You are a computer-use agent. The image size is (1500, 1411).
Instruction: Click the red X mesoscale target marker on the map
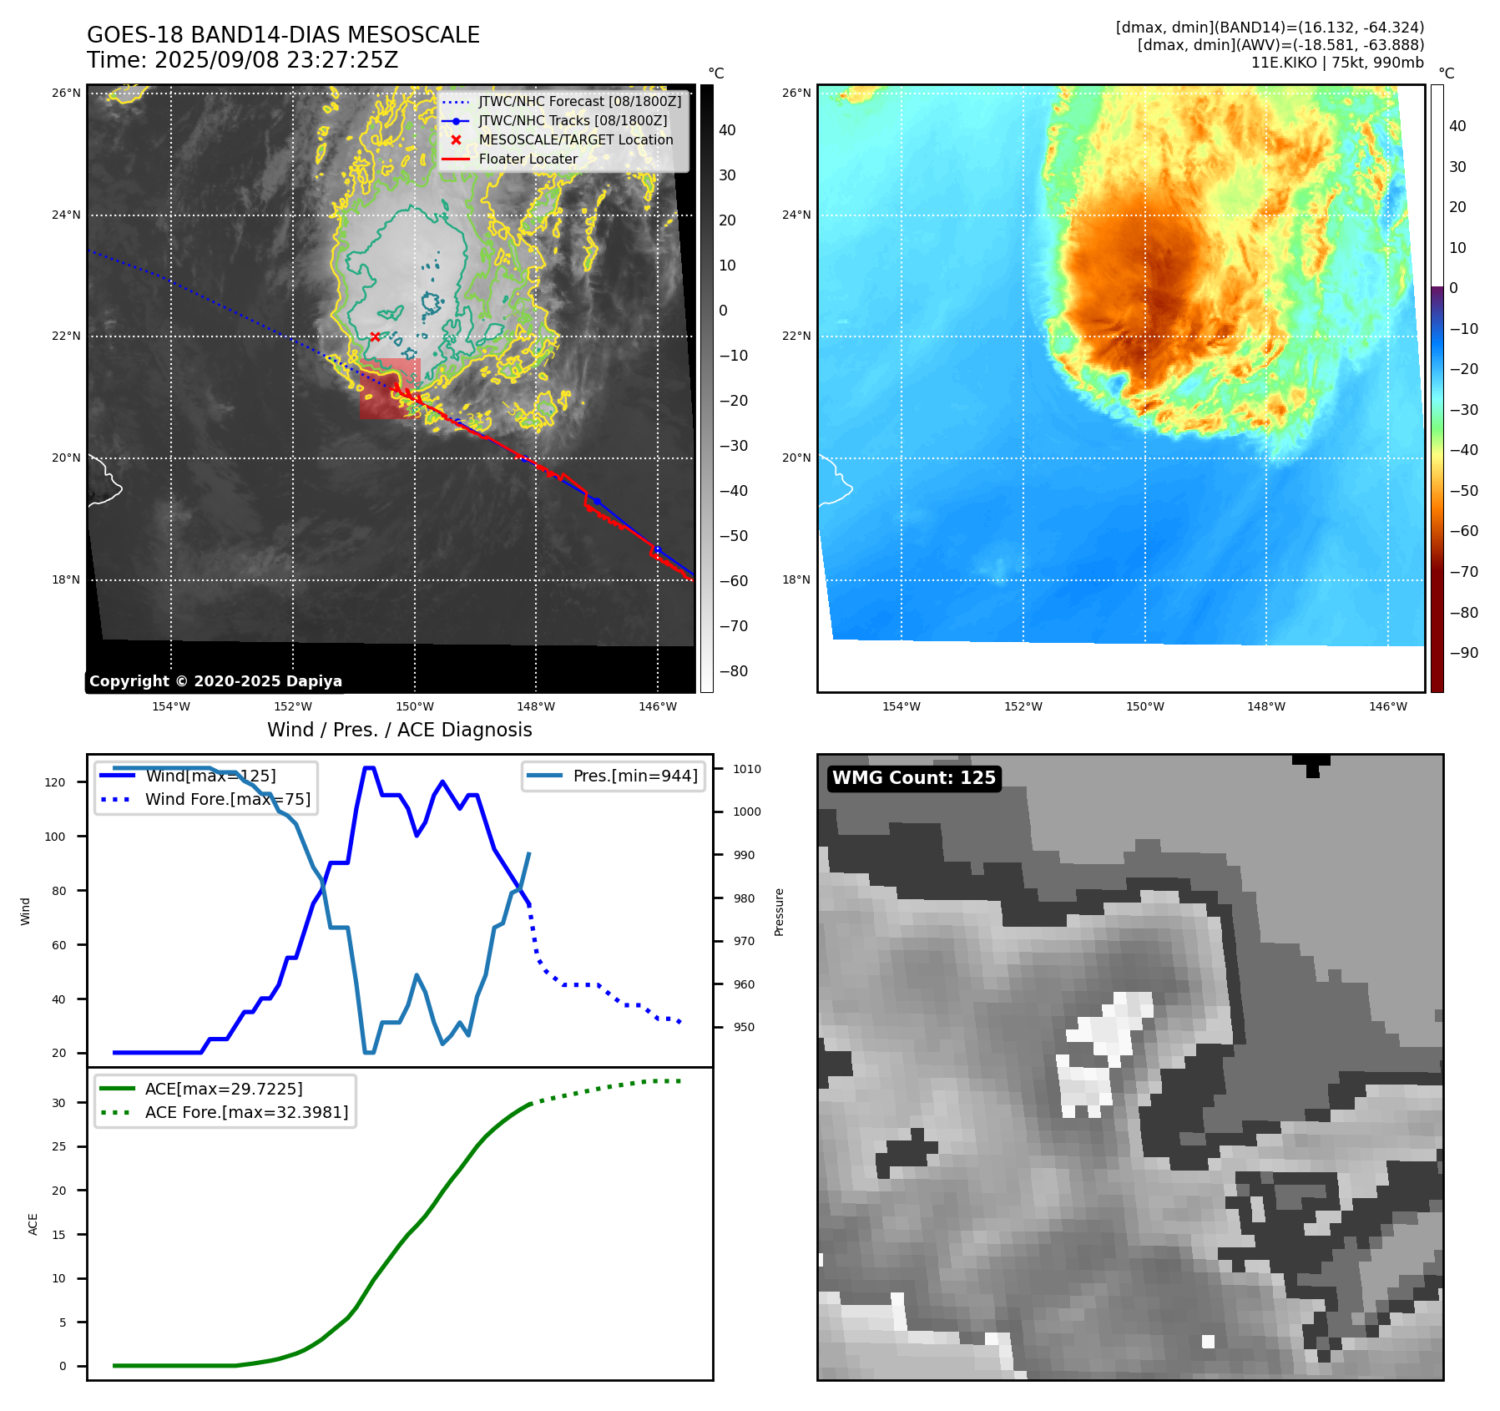point(375,336)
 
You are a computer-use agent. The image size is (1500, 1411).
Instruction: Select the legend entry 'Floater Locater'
point(528,159)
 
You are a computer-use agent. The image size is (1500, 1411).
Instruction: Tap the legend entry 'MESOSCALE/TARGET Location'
point(575,139)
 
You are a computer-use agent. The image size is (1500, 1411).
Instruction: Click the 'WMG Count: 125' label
point(913,778)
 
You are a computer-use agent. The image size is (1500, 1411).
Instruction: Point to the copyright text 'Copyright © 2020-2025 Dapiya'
point(215,681)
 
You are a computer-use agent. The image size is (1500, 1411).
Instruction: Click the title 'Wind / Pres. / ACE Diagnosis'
point(399,730)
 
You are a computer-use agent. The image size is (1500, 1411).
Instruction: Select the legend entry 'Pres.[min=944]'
point(634,776)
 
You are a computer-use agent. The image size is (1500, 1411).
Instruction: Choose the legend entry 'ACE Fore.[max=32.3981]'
point(246,1112)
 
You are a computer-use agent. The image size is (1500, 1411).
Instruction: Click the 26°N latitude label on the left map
point(66,93)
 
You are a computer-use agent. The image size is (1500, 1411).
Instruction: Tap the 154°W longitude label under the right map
point(902,706)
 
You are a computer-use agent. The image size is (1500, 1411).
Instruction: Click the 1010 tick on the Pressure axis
point(747,769)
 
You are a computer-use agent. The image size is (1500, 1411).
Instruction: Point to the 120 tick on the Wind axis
point(55,782)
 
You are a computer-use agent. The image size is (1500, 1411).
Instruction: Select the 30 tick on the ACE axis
point(58,1103)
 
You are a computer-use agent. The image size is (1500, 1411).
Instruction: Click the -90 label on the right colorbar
point(1463,653)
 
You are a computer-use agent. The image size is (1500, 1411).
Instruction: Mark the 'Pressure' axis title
point(779,912)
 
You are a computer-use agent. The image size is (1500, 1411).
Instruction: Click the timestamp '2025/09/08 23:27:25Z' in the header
point(276,60)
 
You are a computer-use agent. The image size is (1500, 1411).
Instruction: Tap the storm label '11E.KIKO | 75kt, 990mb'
point(1337,63)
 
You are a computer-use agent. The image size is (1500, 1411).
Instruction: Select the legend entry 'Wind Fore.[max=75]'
point(227,799)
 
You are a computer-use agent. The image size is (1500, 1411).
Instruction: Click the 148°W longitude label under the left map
point(536,706)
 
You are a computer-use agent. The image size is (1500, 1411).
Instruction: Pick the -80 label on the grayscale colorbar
point(734,671)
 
